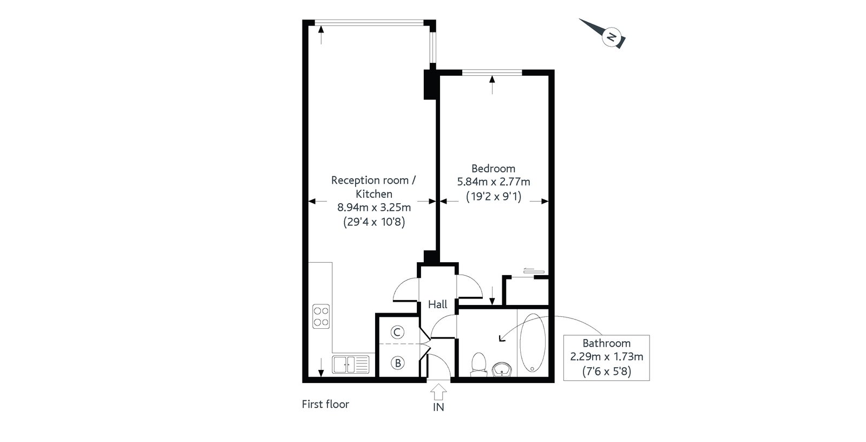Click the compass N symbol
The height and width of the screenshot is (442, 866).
tap(612, 37)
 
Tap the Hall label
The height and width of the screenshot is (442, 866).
tap(438, 304)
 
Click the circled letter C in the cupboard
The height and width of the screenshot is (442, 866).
tap(397, 332)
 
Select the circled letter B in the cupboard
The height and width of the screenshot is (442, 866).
tap(397, 363)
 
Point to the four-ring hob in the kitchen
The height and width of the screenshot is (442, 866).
tap(322, 316)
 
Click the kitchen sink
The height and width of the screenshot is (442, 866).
tap(351, 365)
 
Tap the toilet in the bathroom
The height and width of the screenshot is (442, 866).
tap(479, 364)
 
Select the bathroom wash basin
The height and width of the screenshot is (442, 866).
tap(502, 369)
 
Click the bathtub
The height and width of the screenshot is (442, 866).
tap(533, 343)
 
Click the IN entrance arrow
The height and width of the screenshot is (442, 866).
tap(438, 392)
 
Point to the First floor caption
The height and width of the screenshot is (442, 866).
tap(325, 405)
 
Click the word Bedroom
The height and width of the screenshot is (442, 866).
tap(493, 169)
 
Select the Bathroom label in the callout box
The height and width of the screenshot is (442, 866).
tap(607, 343)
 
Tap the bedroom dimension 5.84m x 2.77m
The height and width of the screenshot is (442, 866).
tap(494, 182)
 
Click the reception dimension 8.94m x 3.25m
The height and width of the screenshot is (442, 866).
tap(374, 207)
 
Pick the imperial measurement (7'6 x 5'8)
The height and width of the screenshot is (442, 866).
tap(607, 372)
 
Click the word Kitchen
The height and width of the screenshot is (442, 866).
tap(374, 194)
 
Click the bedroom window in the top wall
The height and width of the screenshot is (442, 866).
tap(492, 73)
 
